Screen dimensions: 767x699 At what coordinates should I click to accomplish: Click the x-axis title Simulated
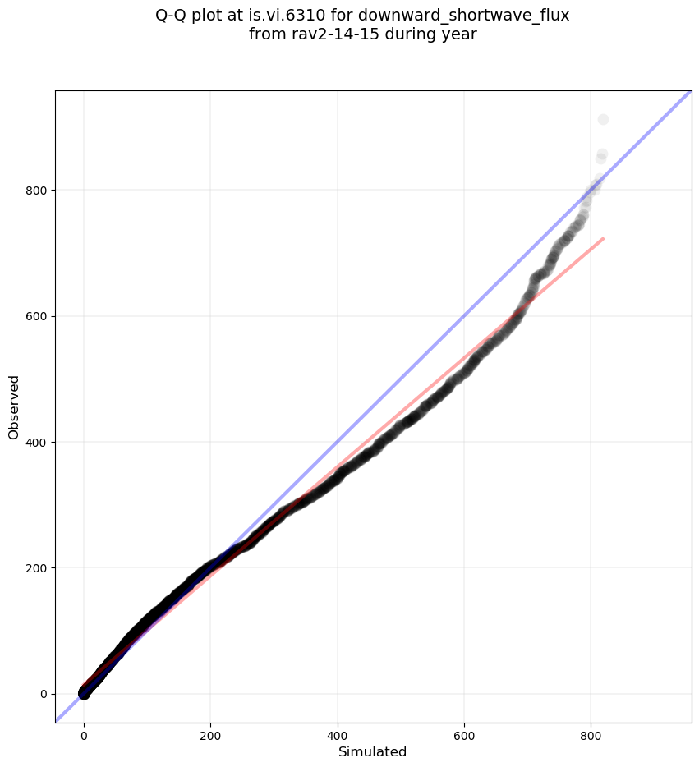point(373,752)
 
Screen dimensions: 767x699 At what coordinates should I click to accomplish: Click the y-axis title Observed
point(14,406)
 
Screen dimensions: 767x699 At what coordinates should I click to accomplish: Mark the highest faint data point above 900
point(603,120)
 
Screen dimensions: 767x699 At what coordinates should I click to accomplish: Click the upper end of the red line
point(604,239)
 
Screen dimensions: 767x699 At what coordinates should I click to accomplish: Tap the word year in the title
point(458,34)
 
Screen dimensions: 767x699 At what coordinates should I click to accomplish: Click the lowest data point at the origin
point(84,694)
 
